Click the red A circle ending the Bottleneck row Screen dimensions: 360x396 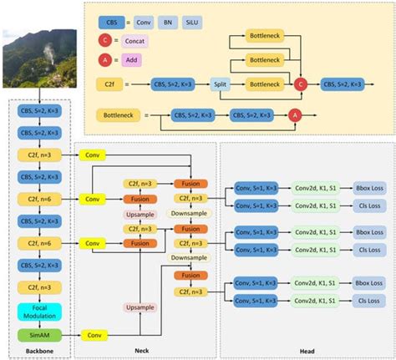coord(295,115)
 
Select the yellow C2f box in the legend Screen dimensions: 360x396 coord(110,84)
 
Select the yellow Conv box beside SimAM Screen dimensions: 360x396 coord(94,334)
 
